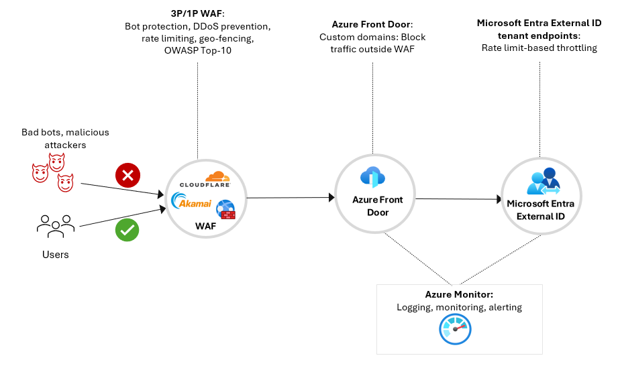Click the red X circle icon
tap(127, 176)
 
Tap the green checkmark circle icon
tap(127, 230)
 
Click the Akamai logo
tap(193, 201)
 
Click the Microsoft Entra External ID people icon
tap(544, 181)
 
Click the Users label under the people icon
tap(56, 255)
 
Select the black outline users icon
tap(56, 226)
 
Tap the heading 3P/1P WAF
tap(198, 13)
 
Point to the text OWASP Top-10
tap(198, 51)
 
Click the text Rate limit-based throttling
tap(539, 48)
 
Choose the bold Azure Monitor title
tap(459, 294)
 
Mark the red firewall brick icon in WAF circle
tap(227, 214)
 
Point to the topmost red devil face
tap(56, 161)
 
